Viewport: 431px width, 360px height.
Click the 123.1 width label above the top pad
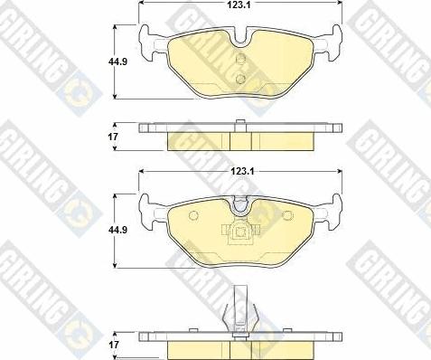pyautogui.click(x=240, y=4)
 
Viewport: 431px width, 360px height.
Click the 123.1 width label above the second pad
pyautogui.click(x=242, y=172)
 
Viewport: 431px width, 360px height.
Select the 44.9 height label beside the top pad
pyautogui.click(x=117, y=62)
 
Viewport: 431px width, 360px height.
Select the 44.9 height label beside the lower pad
pyautogui.click(x=117, y=230)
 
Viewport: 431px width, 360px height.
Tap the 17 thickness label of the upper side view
pyautogui.click(x=113, y=137)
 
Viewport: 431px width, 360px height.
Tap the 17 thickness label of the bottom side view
pyautogui.click(x=114, y=345)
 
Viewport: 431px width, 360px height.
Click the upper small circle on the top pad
pyautogui.click(x=240, y=59)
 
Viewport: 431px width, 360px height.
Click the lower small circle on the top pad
pyautogui.click(x=240, y=79)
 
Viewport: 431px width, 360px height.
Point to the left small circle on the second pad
pyautogui.click(x=193, y=215)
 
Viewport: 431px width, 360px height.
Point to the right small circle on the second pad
pyautogui.click(x=288, y=215)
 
